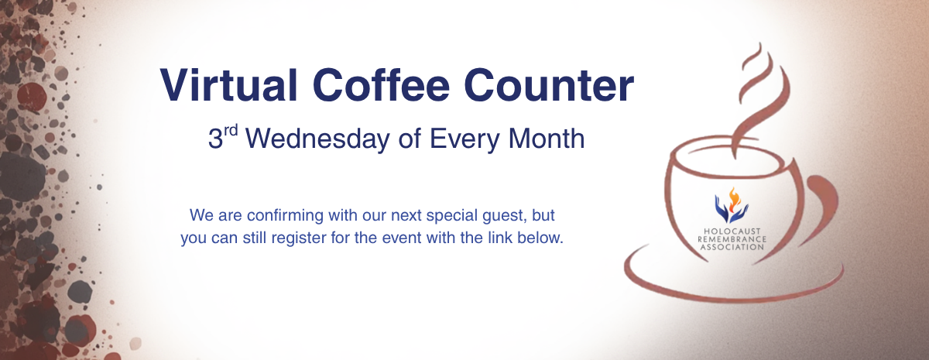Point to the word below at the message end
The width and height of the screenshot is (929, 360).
pos(543,238)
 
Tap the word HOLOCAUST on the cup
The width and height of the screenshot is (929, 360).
pos(731,231)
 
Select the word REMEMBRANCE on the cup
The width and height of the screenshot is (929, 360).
pos(731,239)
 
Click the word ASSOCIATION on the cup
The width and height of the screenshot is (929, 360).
pos(731,248)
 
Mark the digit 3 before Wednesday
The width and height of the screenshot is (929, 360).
pos(215,140)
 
